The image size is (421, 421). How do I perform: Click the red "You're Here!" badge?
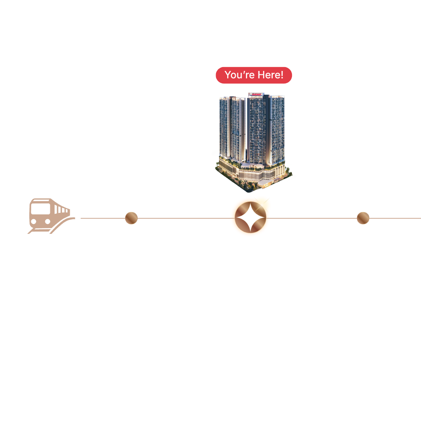(254, 75)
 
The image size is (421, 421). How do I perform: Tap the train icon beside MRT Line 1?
(49, 215)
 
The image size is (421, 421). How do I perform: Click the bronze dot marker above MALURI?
(131, 218)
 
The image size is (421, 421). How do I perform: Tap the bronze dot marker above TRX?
(363, 218)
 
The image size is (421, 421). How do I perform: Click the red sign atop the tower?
(256, 94)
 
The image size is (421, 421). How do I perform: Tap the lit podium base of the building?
(249, 173)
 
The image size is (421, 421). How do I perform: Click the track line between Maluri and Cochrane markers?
(183, 218)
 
